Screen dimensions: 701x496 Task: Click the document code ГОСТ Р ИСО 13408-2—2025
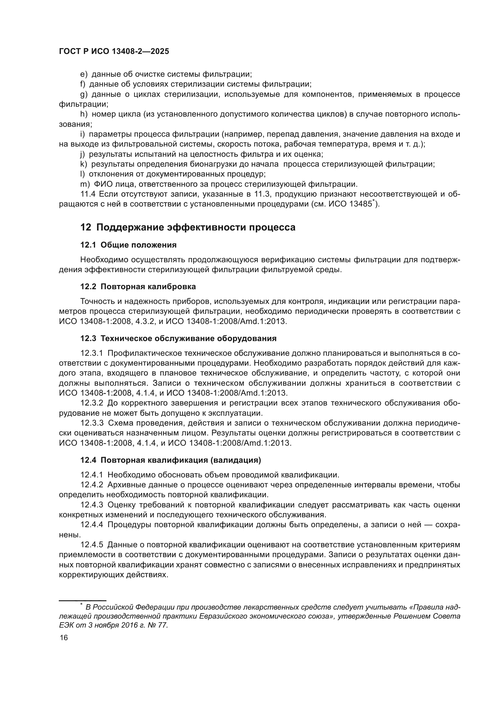click(x=114, y=52)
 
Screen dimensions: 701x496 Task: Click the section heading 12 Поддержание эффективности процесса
click(x=188, y=227)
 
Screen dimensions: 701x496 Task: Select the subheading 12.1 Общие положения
click(x=128, y=245)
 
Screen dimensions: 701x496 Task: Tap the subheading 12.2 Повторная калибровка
click(x=138, y=287)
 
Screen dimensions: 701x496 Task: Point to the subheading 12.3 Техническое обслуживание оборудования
click(x=178, y=338)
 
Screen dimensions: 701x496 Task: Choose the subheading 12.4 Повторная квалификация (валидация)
click(x=170, y=460)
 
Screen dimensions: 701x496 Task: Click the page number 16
click(x=64, y=637)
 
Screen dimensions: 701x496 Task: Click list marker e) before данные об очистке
click(x=84, y=74)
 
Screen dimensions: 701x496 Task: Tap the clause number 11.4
click(x=88, y=194)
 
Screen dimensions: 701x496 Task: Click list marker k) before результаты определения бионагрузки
click(x=83, y=164)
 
